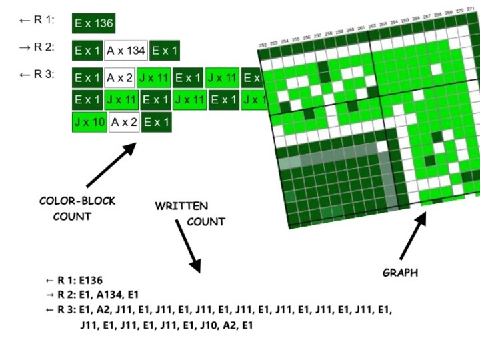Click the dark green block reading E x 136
pos(94,23)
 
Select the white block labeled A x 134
pos(126,51)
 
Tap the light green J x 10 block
pos(89,123)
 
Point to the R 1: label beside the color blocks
pos(37,20)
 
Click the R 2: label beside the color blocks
pos(37,47)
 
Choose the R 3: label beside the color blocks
pos(37,75)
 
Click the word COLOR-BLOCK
pos(77,201)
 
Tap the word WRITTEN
pos(181,207)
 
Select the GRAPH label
pos(400,273)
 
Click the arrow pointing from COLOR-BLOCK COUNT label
pos(111,165)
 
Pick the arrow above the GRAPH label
pos(414,236)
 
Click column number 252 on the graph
pos(263,45)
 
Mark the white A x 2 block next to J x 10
pos(124,123)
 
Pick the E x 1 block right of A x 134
pos(164,51)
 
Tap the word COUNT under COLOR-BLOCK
pos(72,217)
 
